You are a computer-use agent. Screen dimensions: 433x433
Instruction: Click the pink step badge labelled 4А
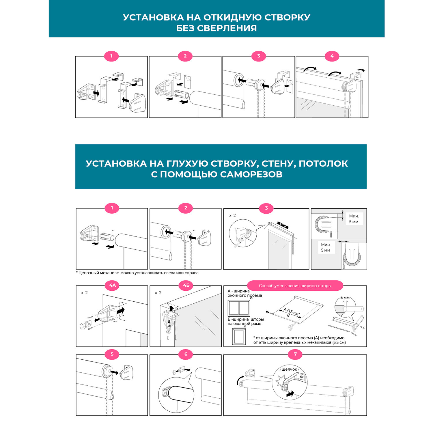[x=112, y=285]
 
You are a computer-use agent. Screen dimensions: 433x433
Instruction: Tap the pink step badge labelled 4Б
[x=186, y=285]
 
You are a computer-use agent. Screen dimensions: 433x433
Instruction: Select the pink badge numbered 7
[x=295, y=354]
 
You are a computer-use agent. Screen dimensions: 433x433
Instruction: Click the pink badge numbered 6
[x=186, y=354]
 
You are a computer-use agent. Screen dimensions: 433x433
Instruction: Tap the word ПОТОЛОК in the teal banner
[x=323, y=164]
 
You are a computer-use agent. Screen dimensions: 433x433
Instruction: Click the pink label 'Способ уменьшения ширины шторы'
[x=295, y=286]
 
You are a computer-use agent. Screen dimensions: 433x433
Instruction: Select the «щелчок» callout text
[x=289, y=369]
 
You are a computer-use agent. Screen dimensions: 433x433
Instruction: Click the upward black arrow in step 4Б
[x=171, y=308]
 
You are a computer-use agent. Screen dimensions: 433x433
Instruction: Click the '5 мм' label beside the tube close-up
[x=345, y=298]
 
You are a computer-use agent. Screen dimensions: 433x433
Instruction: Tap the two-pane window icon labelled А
[x=239, y=308]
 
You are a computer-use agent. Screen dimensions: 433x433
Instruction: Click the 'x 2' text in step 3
[x=232, y=216]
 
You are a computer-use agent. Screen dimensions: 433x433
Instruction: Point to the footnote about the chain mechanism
[x=137, y=273]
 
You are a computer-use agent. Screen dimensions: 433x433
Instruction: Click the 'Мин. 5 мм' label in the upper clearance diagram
[x=354, y=219]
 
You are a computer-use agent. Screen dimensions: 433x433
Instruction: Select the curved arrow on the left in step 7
[x=240, y=380]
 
